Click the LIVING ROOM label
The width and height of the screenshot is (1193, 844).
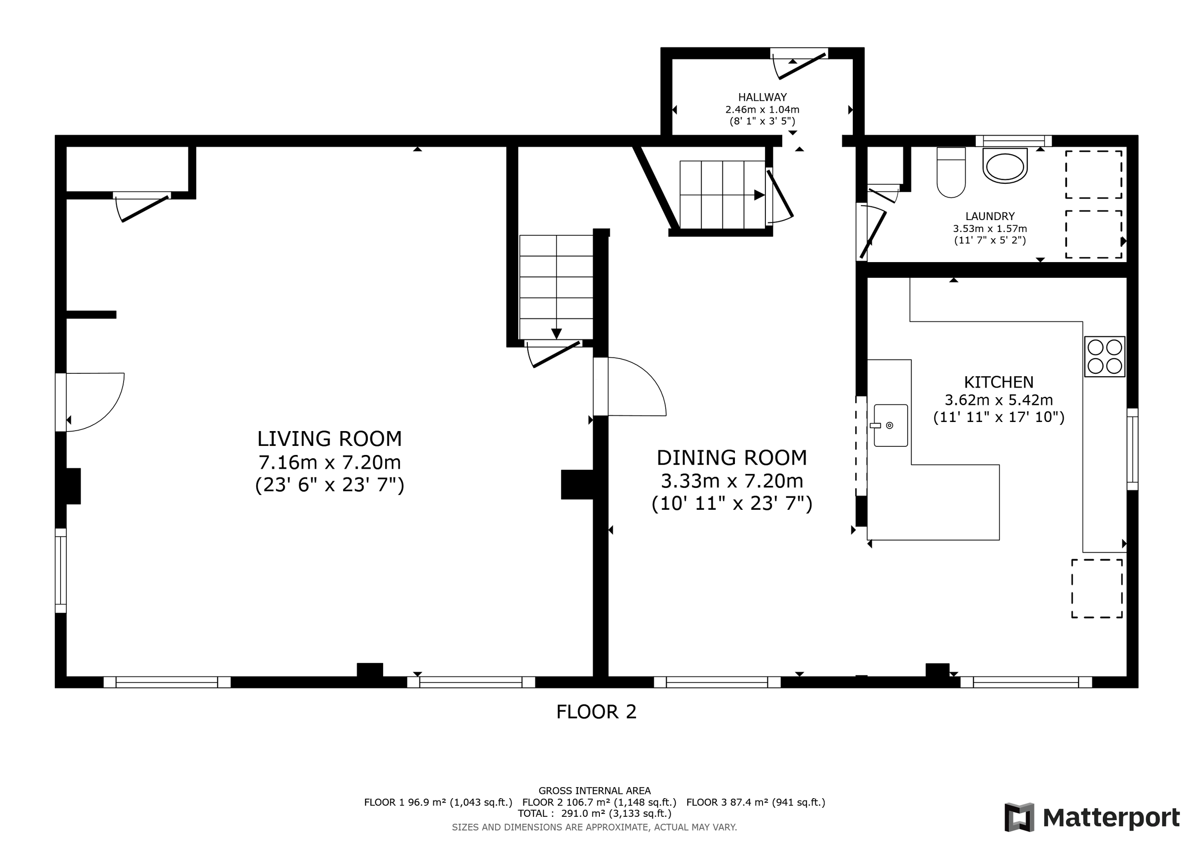329,439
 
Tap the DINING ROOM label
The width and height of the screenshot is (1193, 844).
732,458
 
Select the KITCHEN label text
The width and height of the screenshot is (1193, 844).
999,382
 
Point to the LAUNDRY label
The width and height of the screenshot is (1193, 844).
990,216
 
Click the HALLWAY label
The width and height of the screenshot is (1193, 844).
762,97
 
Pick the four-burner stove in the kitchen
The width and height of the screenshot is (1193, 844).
1105,357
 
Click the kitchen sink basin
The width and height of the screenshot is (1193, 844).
890,425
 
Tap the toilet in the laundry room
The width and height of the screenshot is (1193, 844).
951,172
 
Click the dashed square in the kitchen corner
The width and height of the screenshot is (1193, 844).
1097,588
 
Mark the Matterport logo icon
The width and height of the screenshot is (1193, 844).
1019,817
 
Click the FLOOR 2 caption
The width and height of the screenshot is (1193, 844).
596,712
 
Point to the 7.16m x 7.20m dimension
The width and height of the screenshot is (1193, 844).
329,462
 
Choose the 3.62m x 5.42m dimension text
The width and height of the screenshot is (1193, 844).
999,400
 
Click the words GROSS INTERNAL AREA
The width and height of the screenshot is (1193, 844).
595,791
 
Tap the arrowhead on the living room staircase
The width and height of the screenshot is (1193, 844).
556,334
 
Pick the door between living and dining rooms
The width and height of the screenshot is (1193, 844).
630,387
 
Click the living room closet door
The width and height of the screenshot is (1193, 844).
142,206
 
